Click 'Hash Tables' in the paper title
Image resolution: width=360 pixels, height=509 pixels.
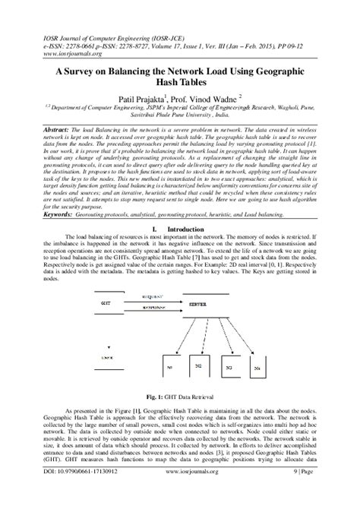click(x=179, y=81)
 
